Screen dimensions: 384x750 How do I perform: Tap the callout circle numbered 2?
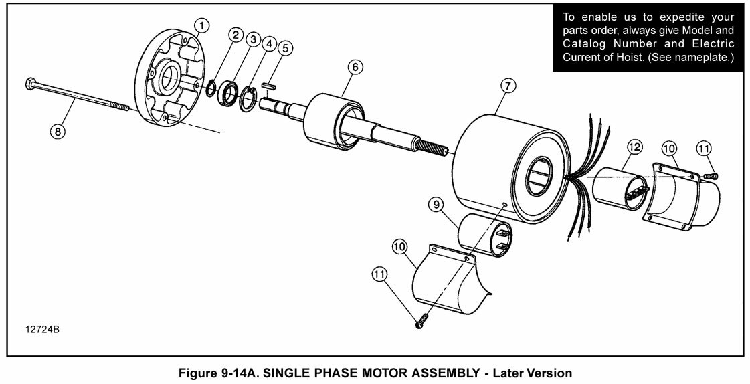[x=236, y=35]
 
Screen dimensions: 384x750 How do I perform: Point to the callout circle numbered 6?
[x=355, y=66]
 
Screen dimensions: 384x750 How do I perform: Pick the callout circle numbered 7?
[x=508, y=86]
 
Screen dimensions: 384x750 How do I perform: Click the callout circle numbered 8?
[x=58, y=131]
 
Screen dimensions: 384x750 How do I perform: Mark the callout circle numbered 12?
[x=634, y=147]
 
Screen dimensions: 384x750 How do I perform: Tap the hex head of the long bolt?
[x=29, y=84]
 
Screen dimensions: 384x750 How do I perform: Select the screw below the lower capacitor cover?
[x=419, y=323]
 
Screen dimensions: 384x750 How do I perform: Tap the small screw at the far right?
[x=711, y=175]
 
